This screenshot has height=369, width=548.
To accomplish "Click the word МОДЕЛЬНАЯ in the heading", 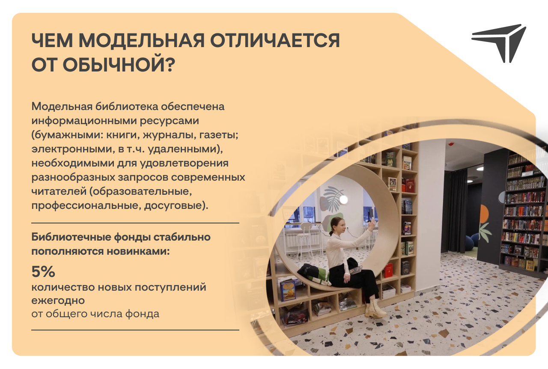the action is pos(142,40).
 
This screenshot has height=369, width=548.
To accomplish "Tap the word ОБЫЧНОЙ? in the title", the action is pos(119,65).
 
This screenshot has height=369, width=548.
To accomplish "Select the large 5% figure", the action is pos(43,271).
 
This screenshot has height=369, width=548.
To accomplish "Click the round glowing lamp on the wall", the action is pos(343,199).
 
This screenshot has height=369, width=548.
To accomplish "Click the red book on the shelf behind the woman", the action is pos(388,271).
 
